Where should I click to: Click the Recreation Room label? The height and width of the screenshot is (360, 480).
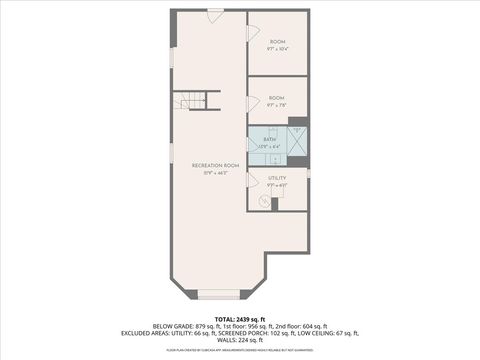click(x=216, y=164)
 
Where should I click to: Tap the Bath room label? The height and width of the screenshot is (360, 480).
click(x=269, y=138)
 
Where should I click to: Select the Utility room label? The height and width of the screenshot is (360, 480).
click(x=277, y=177)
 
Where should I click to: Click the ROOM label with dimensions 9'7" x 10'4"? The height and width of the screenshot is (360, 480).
click(x=277, y=41)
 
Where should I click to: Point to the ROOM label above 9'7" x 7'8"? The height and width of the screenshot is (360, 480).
click(x=277, y=97)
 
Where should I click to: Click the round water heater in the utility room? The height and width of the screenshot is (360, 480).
click(x=265, y=202)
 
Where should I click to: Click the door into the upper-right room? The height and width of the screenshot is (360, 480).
click(x=252, y=33)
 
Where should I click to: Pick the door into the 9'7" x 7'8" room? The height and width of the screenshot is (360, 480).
click(x=252, y=103)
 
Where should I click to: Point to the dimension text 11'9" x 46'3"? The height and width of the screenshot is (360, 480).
click(x=216, y=173)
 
